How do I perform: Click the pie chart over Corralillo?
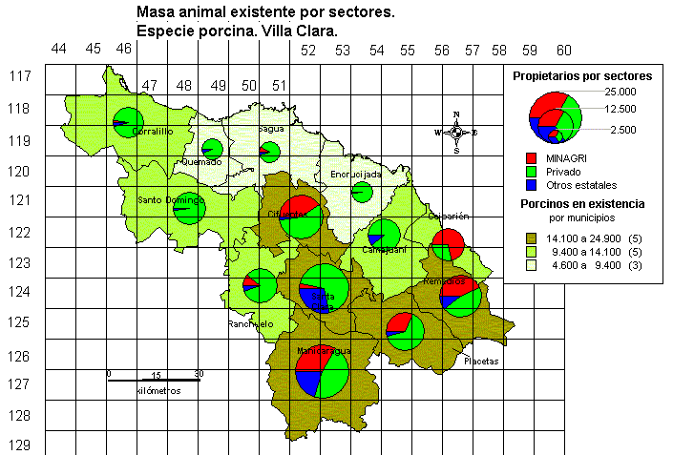click(x=127, y=122)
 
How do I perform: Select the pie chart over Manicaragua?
click(x=322, y=371)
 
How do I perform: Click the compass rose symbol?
click(x=456, y=132)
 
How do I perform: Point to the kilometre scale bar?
click(x=153, y=381)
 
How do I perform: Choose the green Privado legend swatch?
click(x=530, y=171)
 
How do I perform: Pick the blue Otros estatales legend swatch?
click(x=530, y=185)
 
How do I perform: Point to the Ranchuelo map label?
click(x=250, y=324)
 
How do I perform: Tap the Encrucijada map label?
click(x=356, y=175)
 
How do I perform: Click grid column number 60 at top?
click(x=563, y=51)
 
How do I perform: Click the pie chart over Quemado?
click(x=213, y=149)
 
